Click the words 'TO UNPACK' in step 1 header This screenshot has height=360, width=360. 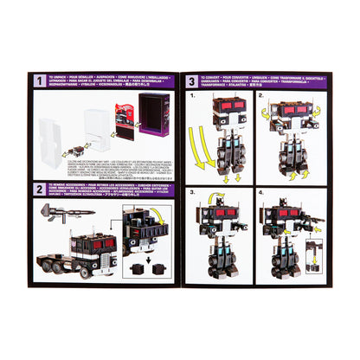[61, 78]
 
